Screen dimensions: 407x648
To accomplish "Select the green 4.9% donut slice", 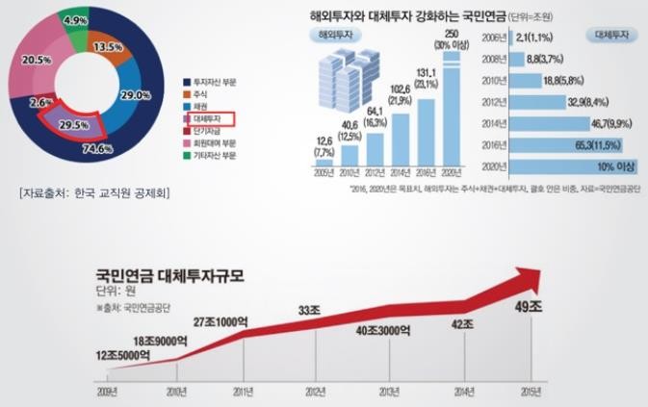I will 75,20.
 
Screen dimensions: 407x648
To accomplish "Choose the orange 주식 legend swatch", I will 186,94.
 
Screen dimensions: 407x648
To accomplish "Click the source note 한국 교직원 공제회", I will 94,193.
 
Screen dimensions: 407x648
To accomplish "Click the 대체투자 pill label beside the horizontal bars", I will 609,35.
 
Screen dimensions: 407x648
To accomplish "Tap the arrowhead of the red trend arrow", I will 525,278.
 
